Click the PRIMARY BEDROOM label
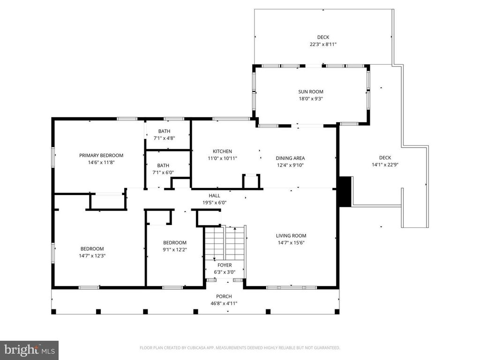(101, 155)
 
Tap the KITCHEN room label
(222, 151)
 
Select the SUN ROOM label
(311, 92)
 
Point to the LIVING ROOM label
(291, 236)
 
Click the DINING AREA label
(290, 158)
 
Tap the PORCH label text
(224, 296)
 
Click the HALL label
(214, 195)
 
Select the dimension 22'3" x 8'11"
(323, 44)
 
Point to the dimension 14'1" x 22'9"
(385, 165)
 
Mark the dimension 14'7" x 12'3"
(92, 255)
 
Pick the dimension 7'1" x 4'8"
(164, 138)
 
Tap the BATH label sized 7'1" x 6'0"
(163, 165)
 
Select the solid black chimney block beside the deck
(345, 191)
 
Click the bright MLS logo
(29, 349)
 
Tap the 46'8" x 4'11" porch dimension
(224, 303)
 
